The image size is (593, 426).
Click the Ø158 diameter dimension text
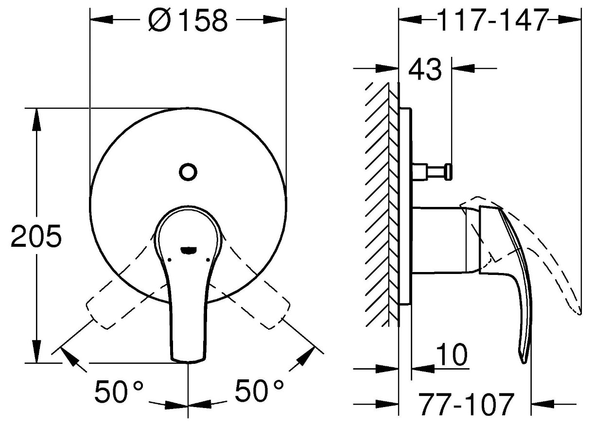pos(188,20)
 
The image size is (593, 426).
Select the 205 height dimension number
pos(36,236)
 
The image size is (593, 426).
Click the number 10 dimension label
pos(452,354)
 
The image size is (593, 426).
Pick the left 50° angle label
pos(119,391)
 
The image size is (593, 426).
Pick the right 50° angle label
pos(259,391)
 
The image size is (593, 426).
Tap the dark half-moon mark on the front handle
pos(188,250)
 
